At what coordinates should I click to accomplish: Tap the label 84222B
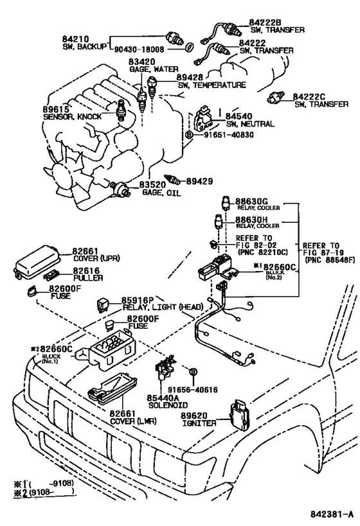click(x=256, y=22)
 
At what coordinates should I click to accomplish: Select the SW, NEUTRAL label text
click(x=249, y=124)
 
